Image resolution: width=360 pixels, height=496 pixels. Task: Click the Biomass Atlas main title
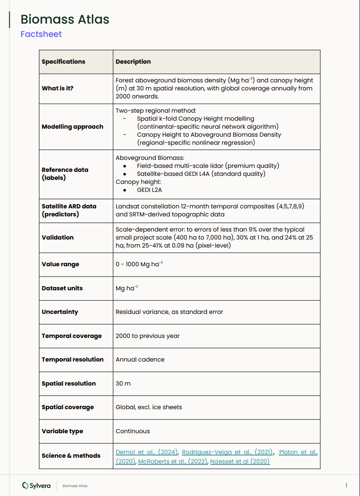65,20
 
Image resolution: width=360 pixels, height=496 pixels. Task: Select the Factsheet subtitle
41,34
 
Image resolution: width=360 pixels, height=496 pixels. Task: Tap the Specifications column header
63,62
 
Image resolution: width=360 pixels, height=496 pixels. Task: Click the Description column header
133,62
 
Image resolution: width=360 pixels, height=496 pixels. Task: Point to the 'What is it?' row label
57,88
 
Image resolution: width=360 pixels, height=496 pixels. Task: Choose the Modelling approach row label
72,127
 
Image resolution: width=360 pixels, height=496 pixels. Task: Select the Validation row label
57,237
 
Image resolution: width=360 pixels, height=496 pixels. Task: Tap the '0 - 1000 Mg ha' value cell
139,264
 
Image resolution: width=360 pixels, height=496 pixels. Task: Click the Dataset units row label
62,288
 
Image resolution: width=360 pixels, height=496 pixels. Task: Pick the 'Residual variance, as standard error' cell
169,312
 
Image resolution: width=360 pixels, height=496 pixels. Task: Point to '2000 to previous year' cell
147,336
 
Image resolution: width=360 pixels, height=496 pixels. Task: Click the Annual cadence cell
140,360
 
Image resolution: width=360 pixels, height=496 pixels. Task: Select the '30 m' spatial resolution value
123,384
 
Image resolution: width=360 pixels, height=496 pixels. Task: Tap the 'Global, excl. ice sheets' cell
149,407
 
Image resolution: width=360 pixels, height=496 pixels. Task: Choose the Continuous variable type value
133,431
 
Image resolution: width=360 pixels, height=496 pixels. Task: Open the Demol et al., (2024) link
147,452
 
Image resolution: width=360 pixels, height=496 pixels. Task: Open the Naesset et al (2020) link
240,462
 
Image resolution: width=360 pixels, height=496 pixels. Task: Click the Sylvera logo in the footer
37,486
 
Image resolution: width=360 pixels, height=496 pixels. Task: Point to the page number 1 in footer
346,485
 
